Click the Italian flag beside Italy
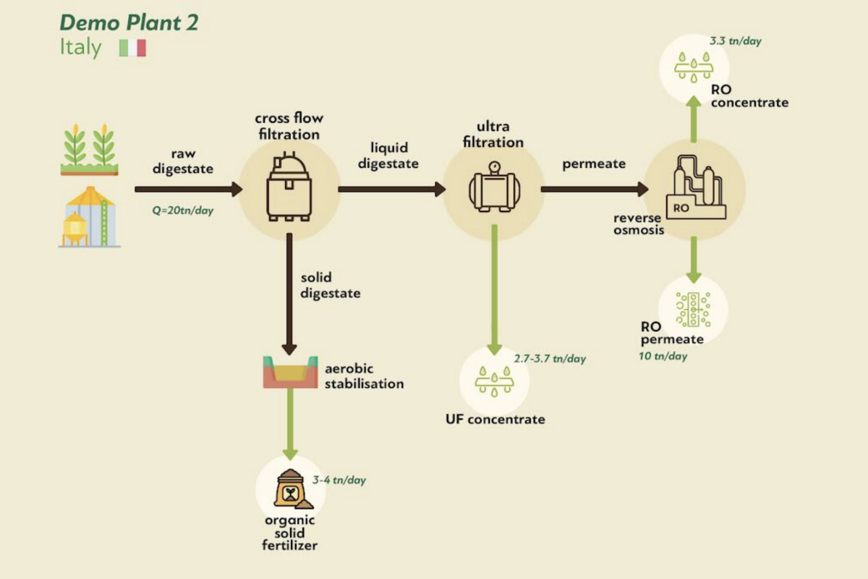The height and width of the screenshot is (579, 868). tap(132, 48)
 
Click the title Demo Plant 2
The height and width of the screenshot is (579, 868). tap(129, 22)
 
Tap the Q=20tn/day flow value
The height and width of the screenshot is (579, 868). tap(183, 212)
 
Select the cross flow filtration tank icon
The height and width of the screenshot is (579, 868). tap(289, 187)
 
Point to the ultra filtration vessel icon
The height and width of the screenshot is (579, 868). tap(493, 187)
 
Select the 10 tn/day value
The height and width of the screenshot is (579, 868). tap(663, 356)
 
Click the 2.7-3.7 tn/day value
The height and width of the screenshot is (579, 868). tap(550, 358)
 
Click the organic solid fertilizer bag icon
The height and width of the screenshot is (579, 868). tap(291, 489)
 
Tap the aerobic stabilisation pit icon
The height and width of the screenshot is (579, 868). tap(290, 371)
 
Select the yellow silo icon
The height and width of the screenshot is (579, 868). tap(90, 216)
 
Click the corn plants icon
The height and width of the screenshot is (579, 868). tap(89, 149)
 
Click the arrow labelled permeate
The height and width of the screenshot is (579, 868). tap(594, 190)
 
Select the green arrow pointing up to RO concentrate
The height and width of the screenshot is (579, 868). tap(694, 120)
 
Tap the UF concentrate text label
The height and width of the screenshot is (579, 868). tap(495, 419)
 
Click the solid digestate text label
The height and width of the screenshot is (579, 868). tap(330, 285)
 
